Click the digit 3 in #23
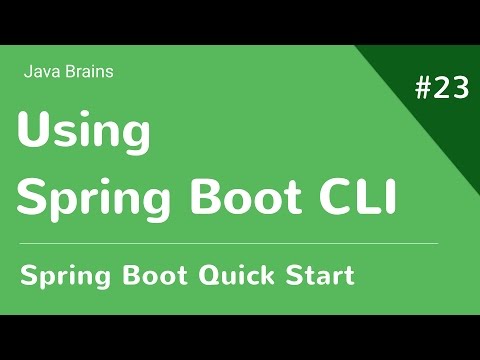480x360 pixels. (459, 89)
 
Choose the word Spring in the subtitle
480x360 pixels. (61, 275)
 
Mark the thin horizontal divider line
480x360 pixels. (228, 243)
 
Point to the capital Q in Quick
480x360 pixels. (203, 274)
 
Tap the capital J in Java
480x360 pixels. (26, 72)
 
